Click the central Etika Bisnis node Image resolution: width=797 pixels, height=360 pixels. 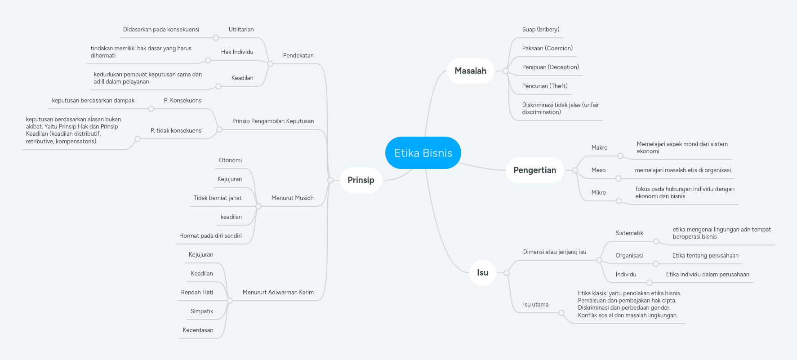pyautogui.click(x=423, y=153)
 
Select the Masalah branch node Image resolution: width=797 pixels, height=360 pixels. pyautogui.click(x=470, y=71)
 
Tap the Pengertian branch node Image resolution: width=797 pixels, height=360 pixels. pyautogui.click(x=534, y=170)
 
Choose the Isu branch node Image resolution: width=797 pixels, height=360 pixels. pyautogui.click(x=482, y=272)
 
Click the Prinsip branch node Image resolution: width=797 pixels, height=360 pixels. pyautogui.click(x=361, y=180)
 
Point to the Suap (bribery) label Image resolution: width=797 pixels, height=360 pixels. pyautogui.click(x=540, y=29)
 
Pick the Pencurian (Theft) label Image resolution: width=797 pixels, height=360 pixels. pyautogui.click(x=544, y=86)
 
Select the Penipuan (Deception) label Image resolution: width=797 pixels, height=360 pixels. pyautogui.click(x=550, y=67)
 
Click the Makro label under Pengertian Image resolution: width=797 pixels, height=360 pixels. pyautogui.click(x=599, y=147)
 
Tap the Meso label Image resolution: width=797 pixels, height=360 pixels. pyautogui.click(x=598, y=170)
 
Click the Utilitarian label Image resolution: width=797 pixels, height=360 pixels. pyautogui.click(x=241, y=29)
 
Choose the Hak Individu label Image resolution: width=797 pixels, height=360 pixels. pyautogui.click(x=237, y=52)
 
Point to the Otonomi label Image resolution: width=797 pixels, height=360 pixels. pyautogui.click(x=230, y=160)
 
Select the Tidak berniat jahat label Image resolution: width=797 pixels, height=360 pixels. pyautogui.click(x=218, y=198)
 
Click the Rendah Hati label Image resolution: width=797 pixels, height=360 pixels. pyautogui.click(x=197, y=292)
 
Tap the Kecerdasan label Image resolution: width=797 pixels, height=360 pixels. pyautogui.click(x=198, y=330)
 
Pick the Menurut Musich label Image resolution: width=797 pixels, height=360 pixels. pyautogui.click(x=292, y=198)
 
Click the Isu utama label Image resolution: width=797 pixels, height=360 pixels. pyautogui.click(x=535, y=304)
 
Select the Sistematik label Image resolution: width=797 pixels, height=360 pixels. pyautogui.click(x=629, y=233)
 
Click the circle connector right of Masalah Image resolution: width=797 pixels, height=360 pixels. pyautogui.click(x=506, y=71)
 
